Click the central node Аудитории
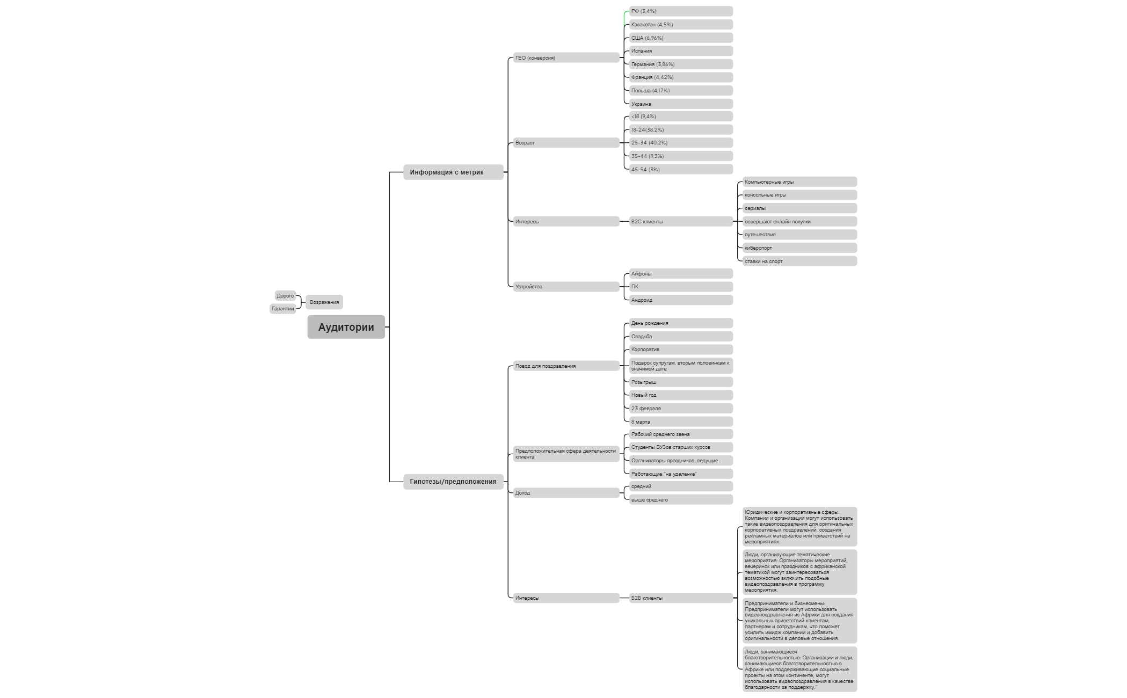tap(346, 327)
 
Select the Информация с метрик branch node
tap(453, 172)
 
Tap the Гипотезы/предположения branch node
tap(453, 482)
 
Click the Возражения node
tap(324, 302)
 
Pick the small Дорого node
tap(285, 296)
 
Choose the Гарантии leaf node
tap(282, 309)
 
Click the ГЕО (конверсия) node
tap(566, 58)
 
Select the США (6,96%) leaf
tap(681, 38)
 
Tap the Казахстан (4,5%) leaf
tap(681, 25)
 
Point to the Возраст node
tap(566, 143)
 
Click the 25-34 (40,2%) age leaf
tap(681, 143)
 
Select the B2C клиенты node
tap(681, 222)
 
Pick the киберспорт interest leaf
tap(799, 248)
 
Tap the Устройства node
tap(566, 287)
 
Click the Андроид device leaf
tap(681, 300)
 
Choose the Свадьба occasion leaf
tap(681, 337)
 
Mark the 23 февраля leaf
tap(681, 409)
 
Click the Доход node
tap(566, 493)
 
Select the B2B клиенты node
tap(681, 598)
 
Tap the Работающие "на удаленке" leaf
tap(681, 474)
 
